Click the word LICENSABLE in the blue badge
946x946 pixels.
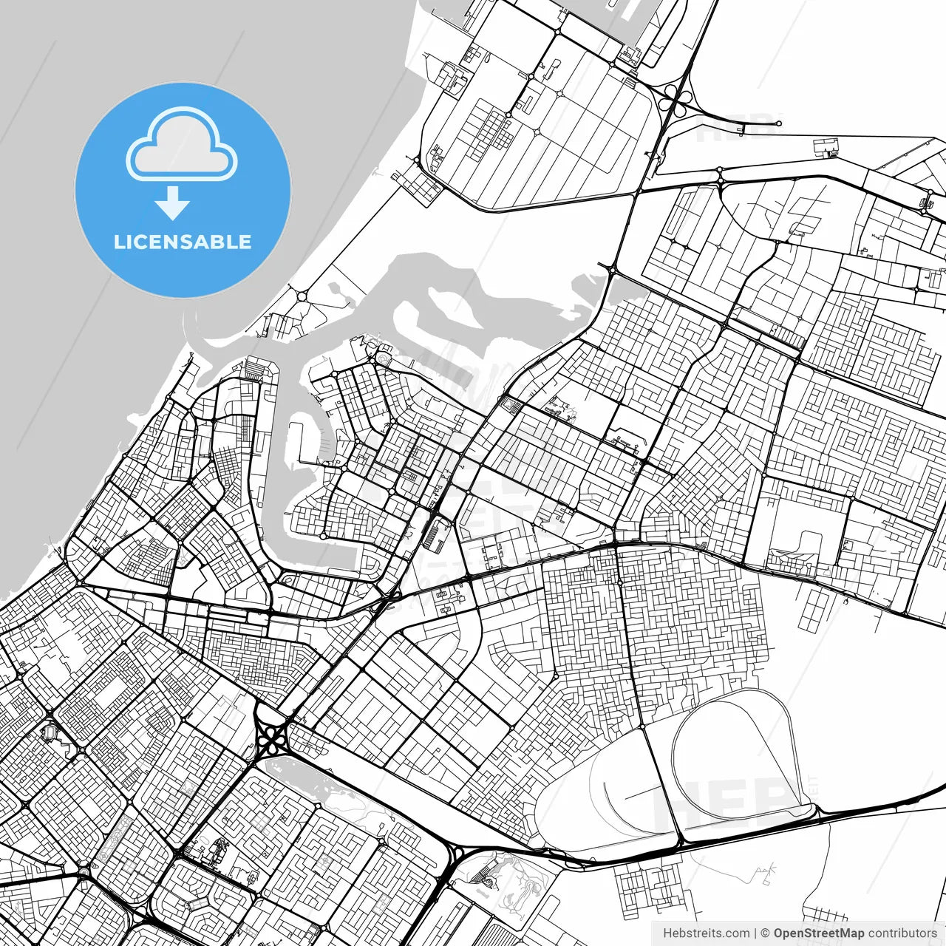(x=183, y=242)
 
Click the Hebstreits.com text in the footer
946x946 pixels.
(x=706, y=933)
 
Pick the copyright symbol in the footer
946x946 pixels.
(x=766, y=933)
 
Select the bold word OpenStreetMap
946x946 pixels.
(x=818, y=933)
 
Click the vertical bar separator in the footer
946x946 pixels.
(x=755, y=933)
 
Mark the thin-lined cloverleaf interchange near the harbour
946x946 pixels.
(x=675, y=98)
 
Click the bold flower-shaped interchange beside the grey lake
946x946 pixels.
(x=274, y=738)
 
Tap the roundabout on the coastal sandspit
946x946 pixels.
(x=302, y=296)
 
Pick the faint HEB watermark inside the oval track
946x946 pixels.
(x=728, y=802)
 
